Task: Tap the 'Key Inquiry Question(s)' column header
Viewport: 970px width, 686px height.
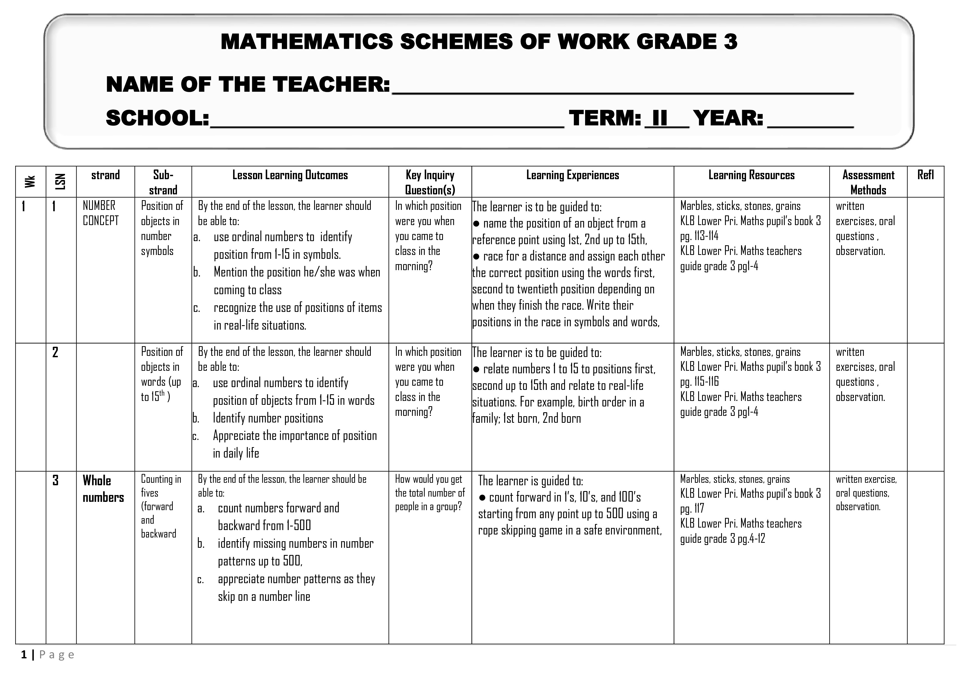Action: [430, 182]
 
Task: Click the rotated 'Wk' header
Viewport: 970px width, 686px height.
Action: [30, 182]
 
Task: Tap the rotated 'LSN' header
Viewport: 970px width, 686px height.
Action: [61, 182]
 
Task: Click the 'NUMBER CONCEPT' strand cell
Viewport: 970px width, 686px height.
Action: [101, 213]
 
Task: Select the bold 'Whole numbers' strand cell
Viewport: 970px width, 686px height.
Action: [103, 489]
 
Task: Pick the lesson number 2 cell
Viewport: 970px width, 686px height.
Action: [55, 352]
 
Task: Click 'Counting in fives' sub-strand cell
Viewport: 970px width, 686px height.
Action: [161, 486]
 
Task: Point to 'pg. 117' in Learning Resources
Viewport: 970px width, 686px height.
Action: [692, 508]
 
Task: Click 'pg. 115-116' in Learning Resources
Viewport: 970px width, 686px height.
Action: [699, 382]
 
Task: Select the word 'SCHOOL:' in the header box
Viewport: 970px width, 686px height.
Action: [157, 118]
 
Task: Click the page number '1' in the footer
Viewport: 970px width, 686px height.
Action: [24, 655]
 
